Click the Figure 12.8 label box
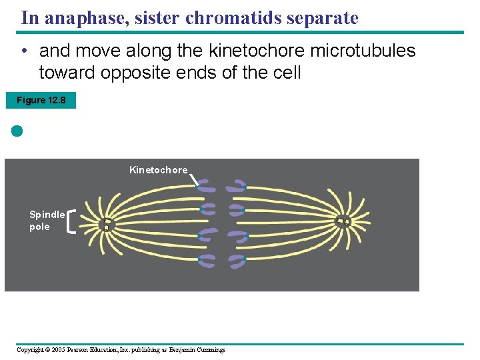[41, 101]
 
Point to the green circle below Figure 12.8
[17, 131]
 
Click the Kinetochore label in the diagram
[158, 170]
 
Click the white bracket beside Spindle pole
[71, 221]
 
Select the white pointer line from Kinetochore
[194, 179]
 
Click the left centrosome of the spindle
[105, 224]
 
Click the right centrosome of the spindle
[343, 221]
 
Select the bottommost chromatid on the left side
[207, 261]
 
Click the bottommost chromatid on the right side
[238, 260]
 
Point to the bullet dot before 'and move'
[23, 51]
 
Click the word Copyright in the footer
[30, 350]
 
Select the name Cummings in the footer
[210, 350]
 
